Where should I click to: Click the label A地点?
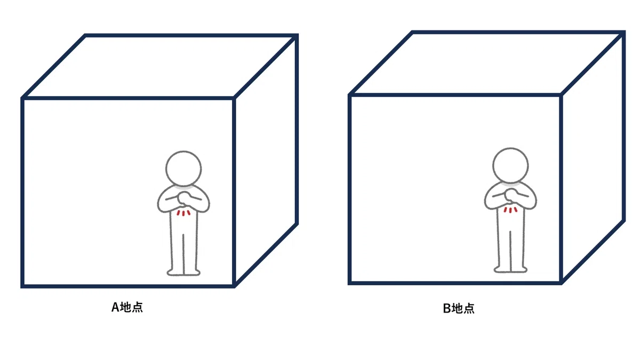(x=127, y=307)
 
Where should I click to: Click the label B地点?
(x=459, y=309)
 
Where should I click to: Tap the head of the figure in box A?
(x=183, y=169)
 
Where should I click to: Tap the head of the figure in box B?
(x=510, y=165)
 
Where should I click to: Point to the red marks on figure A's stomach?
(x=183, y=213)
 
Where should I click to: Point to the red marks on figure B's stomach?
(x=510, y=210)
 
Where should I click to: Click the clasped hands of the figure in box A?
(x=183, y=198)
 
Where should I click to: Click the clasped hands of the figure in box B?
(x=510, y=195)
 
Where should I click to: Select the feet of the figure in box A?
(x=183, y=273)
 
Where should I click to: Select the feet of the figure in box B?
(x=510, y=269)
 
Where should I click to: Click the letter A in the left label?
(x=115, y=307)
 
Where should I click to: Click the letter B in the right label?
(x=447, y=309)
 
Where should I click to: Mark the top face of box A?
(x=160, y=67)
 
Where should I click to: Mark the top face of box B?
(x=487, y=63)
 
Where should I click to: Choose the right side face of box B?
(x=594, y=157)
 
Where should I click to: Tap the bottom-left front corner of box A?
(x=22, y=286)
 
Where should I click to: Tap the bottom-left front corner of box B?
(x=349, y=283)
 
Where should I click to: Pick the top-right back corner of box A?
(x=297, y=35)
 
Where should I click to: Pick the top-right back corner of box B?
(x=624, y=31)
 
